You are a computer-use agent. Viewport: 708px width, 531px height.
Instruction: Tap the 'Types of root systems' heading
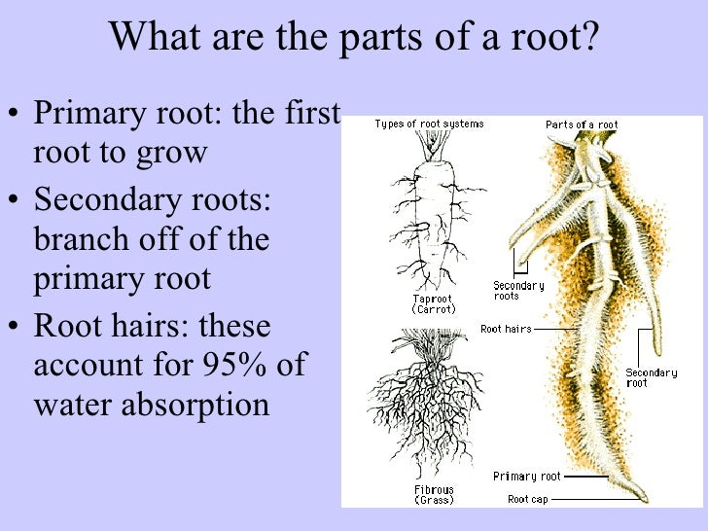(429, 124)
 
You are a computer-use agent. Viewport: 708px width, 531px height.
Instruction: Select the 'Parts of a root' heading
(582, 124)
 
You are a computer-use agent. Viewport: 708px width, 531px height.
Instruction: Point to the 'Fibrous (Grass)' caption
(434, 493)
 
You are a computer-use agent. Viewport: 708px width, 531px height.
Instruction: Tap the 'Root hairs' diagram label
(506, 330)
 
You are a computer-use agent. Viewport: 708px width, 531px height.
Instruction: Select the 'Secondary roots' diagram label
(518, 291)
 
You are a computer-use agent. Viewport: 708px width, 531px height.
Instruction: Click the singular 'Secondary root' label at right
(651, 378)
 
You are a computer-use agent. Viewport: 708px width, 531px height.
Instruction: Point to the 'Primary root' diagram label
(527, 477)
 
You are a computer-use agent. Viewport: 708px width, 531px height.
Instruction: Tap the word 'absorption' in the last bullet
(203, 405)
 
